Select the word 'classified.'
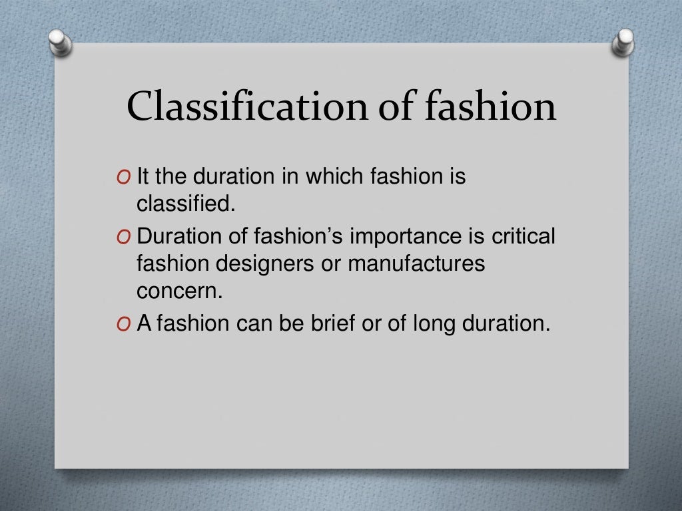point(186,204)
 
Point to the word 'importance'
point(388,238)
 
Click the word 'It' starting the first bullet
point(143,178)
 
